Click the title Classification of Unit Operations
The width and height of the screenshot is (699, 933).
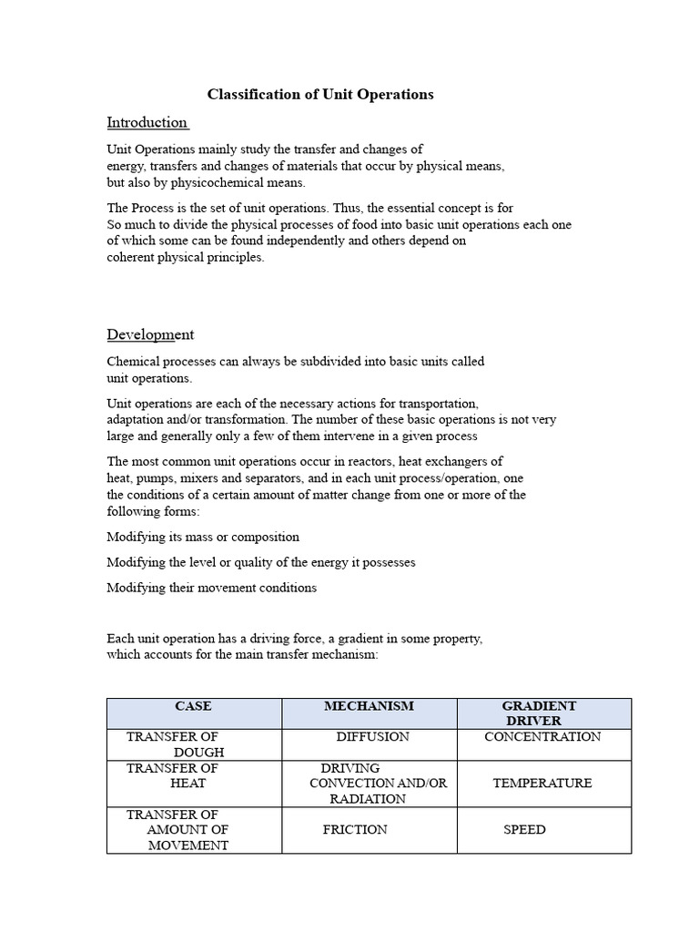coord(320,94)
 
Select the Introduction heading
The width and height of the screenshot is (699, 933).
coord(147,122)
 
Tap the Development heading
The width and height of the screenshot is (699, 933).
coord(150,334)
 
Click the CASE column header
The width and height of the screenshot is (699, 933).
coord(193,706)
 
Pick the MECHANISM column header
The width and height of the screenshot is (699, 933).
coord(369,706)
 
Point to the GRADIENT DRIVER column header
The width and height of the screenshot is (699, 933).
coord(539,713)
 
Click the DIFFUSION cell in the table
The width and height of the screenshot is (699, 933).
coord(372,737)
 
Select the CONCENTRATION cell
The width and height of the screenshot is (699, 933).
coord(542,737)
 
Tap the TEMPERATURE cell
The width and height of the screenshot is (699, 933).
coord(542,784)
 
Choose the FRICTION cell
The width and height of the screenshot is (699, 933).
coord(355,830)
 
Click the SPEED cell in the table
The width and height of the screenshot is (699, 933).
coord(525,830)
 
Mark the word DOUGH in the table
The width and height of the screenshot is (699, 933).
coord(199,753)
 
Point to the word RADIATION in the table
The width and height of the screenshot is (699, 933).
coord(368,799)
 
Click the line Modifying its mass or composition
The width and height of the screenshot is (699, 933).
coord(203,537)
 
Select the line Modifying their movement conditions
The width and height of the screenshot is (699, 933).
coord(212,588)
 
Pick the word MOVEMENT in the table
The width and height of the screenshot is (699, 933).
coord(188,846)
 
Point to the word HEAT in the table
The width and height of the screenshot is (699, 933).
coord(188,784)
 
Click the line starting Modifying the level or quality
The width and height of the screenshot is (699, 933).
coord(261,562)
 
